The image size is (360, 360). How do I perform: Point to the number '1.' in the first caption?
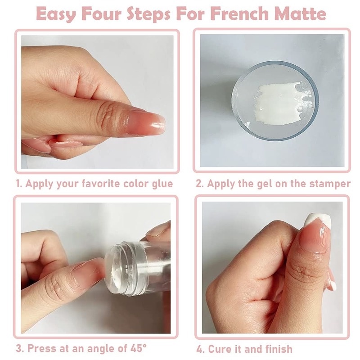coord(20,184)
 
